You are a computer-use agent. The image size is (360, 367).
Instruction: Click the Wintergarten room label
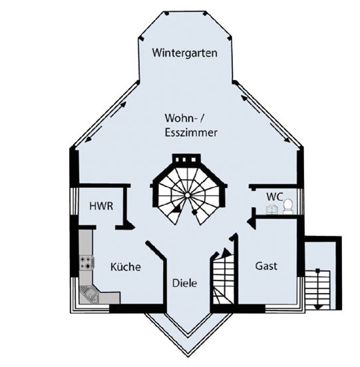coord(185,53)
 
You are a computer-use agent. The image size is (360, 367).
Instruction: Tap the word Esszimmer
coord(191,133)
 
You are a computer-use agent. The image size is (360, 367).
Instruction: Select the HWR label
coord(101,206)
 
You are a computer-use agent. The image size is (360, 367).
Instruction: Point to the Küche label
coord(126,266)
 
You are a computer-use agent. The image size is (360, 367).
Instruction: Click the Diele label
coord(184,283)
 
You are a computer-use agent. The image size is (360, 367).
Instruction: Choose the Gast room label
coord(266,266)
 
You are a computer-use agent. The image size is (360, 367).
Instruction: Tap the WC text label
coord(275,196)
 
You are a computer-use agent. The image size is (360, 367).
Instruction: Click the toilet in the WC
coord(287,206)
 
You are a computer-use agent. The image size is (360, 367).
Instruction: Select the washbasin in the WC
coord(271,210)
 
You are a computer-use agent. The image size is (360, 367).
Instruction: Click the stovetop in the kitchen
coord(86,262)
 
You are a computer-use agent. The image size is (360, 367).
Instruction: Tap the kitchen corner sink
coord(89,294)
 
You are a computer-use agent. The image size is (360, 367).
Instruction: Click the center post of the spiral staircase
coord(188,195)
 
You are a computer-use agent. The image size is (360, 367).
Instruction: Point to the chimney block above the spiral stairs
coord(186,159)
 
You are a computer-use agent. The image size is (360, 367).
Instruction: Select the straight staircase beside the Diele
coord(224,278)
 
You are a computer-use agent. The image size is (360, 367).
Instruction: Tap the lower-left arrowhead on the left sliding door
coord(88,140)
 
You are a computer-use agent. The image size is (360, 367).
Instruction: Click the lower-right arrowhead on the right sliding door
coord(287,140)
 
